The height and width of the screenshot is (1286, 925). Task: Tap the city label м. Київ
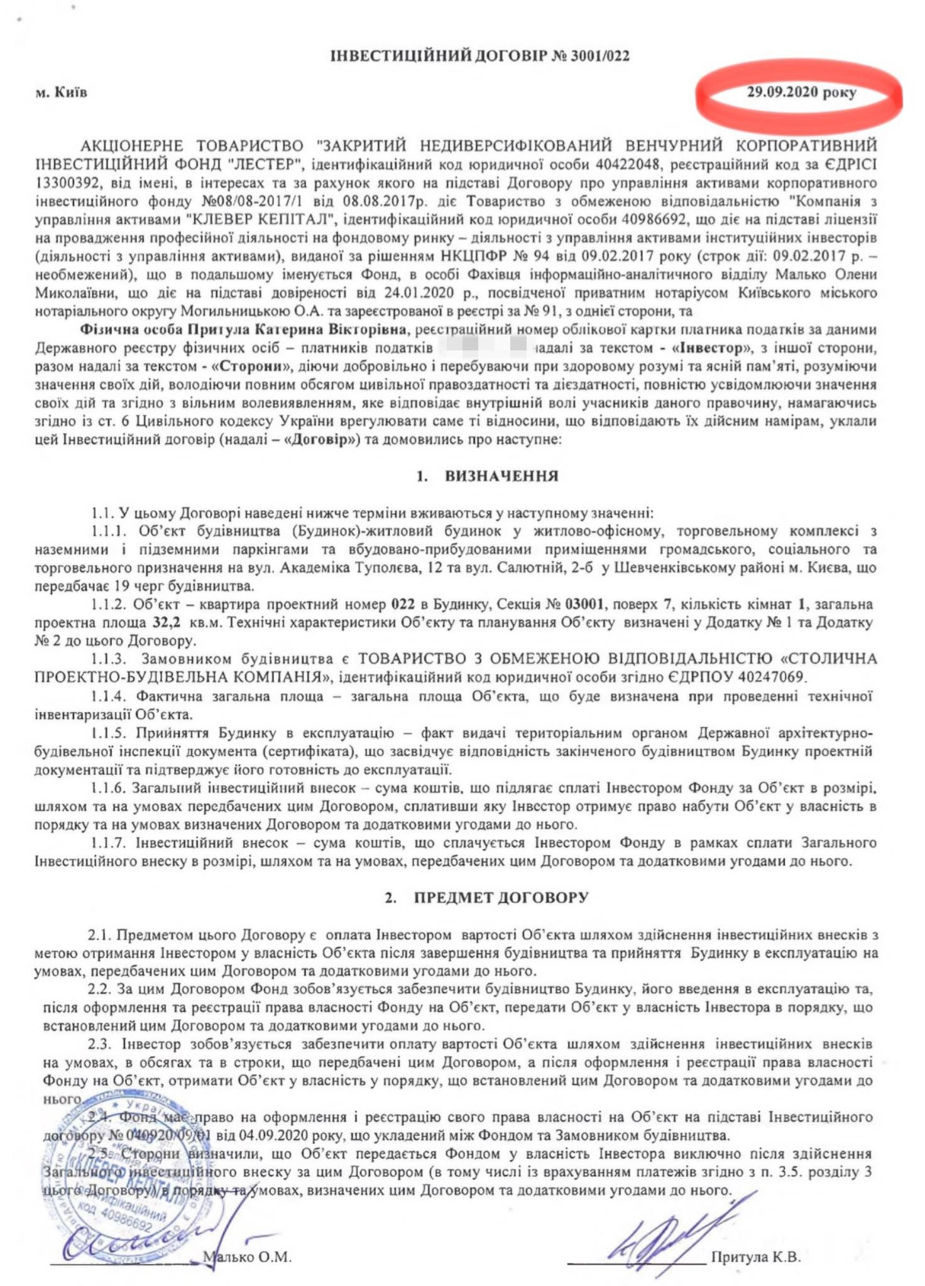[61, 92]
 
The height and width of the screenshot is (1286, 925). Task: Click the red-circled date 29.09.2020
[782, 92]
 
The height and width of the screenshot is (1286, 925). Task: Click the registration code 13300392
[68, 183]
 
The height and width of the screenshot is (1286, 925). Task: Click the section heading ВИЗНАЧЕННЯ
[501, 476]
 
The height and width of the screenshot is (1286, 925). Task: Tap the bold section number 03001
[585, 604]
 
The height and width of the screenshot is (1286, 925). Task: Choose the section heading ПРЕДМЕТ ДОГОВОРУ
[501, 897]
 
